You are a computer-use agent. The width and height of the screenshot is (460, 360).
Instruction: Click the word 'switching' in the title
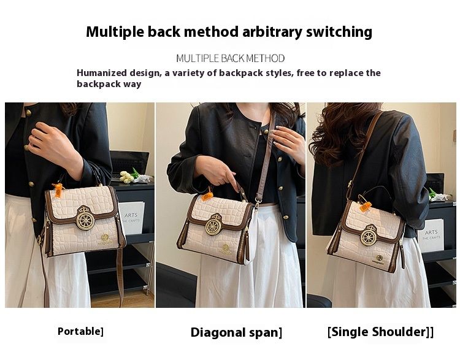point(334,32)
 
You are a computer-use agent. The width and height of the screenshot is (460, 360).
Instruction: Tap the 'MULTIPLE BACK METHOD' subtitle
point(230,58)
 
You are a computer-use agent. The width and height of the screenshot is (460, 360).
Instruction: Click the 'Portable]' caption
point(80,331)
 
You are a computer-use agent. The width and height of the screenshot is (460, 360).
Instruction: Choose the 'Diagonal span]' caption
point(236,332)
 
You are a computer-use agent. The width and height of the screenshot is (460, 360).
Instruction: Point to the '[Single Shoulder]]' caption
point(380,332)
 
